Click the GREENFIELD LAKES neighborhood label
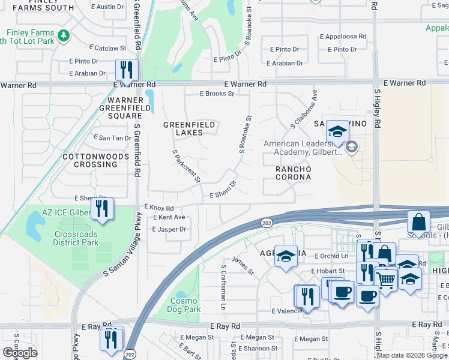pyautogui.click(x=189, y=129)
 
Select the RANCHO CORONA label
pyautogui.click(x=293, y=173)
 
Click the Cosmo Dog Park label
pyautogui.click(x=184, y=305)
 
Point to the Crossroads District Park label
pyautogui.click(x=76, y=239)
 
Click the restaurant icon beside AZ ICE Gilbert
pyautogui.click(x=102, y=209)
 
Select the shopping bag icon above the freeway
pyautogui.click(x=418, y=223)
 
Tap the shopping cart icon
pyautogui.click(x=387, y=278)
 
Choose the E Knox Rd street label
pyautogui.click(x=159, y=206)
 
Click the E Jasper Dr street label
pyautogui.click(x=169, y=229)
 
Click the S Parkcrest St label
pyautogui.click(x=186, y=166)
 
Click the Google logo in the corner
pyautogui.click(x=20, y=353)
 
